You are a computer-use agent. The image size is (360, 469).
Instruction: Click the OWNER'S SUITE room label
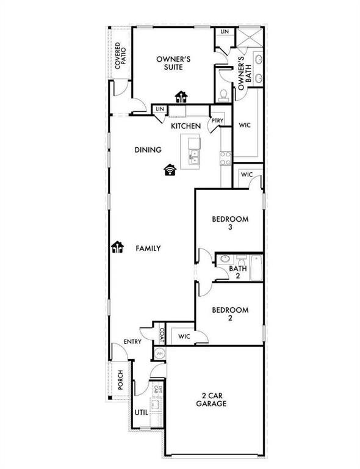coord(174,64)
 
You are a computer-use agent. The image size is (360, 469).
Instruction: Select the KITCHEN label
coord(185,126)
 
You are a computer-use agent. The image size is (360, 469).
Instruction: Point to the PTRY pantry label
coord(217,121)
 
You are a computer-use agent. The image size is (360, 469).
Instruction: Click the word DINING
coord(148,150)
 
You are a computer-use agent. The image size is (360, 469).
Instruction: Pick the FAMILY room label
coord(148,249)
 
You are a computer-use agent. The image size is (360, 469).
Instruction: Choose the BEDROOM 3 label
coord(229,223)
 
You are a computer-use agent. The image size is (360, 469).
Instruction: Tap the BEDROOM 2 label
coord(229,314)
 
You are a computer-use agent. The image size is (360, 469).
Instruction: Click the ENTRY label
coord(133,341)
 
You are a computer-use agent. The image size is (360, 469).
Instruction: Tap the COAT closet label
coord(162,335)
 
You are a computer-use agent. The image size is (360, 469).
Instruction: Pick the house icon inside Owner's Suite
coord(181,95)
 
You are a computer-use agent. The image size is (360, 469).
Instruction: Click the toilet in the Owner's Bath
coord(223,94)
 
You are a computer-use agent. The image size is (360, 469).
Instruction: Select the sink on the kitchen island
coord(194,157)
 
